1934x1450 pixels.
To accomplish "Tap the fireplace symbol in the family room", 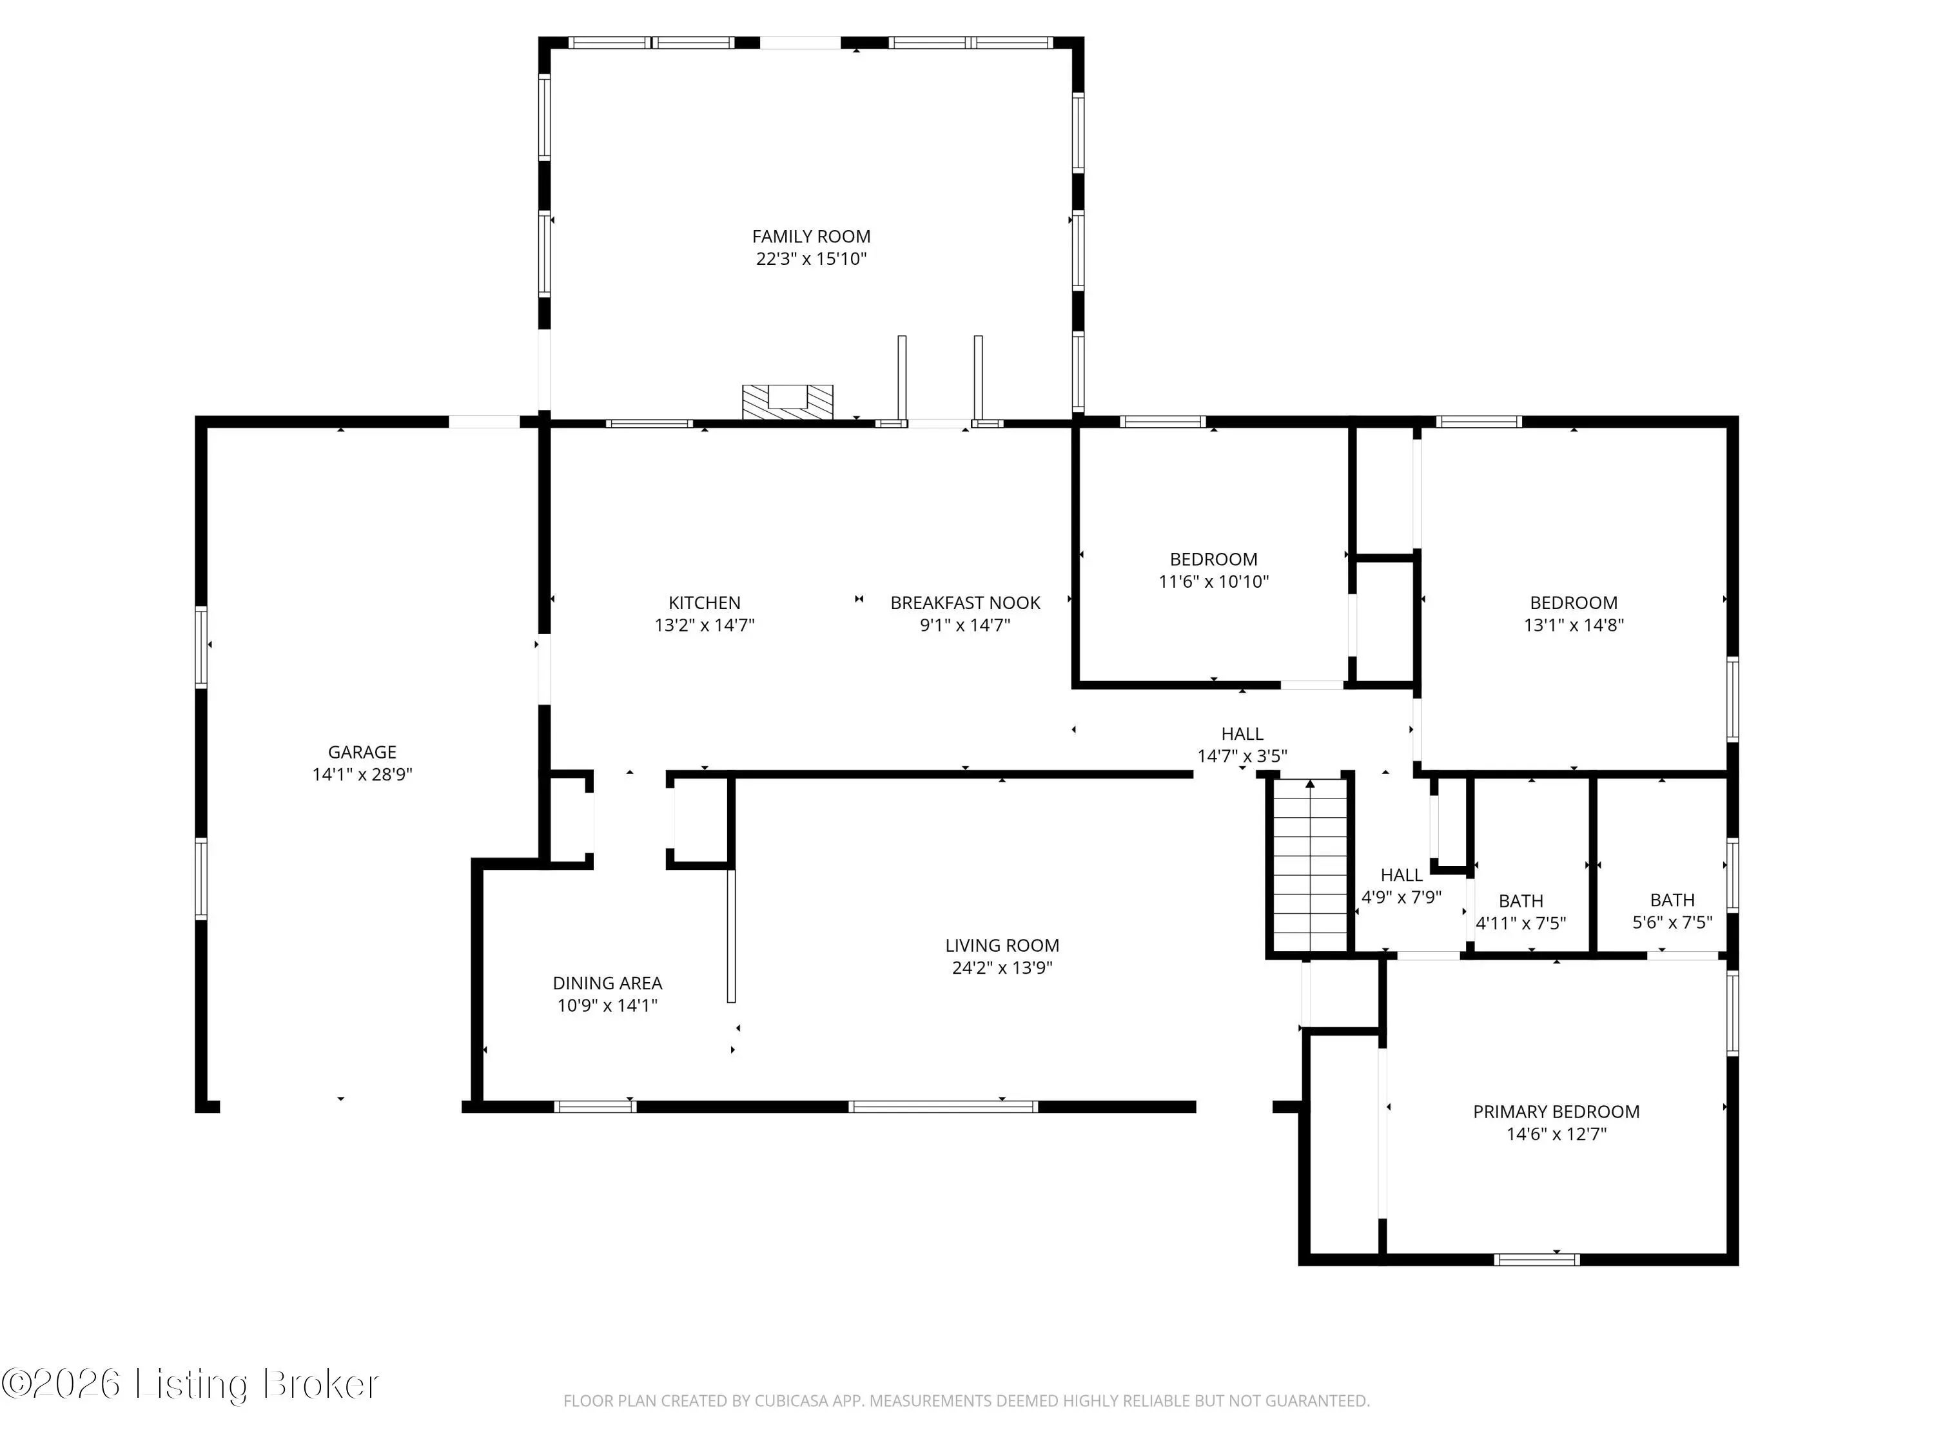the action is pos(787,403).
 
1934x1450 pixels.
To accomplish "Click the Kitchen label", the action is pos(704,602).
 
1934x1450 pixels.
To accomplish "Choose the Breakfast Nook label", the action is pos(965,602).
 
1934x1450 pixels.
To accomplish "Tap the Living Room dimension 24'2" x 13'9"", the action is pos(1002,967).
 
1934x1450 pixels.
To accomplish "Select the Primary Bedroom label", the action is pos(1556,1112).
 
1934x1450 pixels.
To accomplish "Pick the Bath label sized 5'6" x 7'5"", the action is pos(1672,900).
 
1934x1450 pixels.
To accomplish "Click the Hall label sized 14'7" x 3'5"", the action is pos(1242,733).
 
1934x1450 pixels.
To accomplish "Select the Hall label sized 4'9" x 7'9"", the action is pos(1401,874).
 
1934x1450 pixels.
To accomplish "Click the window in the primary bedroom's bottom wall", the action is pos(1536,1259).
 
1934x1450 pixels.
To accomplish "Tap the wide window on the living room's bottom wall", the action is pos(943,1107).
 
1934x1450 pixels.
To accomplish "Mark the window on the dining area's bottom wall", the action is pos(596,1107).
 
